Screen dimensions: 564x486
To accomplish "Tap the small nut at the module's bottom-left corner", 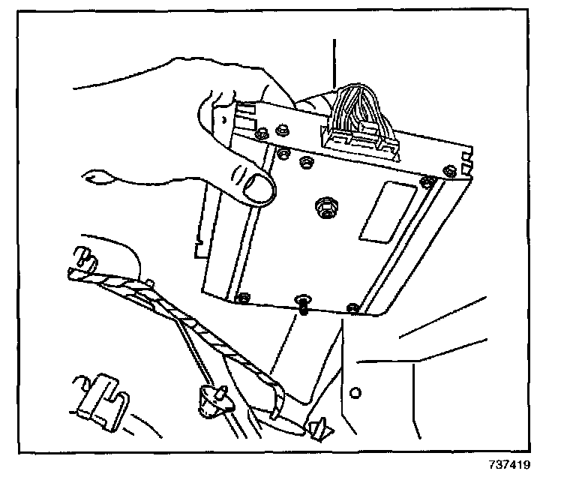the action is (242, 299).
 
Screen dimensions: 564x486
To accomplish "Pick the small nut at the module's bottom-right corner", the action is (354, 308).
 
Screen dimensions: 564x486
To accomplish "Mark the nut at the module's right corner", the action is (427, 181).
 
